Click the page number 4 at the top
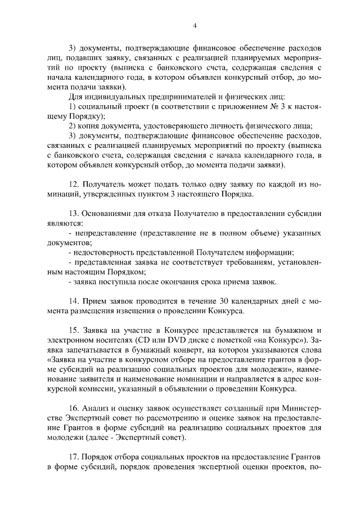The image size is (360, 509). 194,25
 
